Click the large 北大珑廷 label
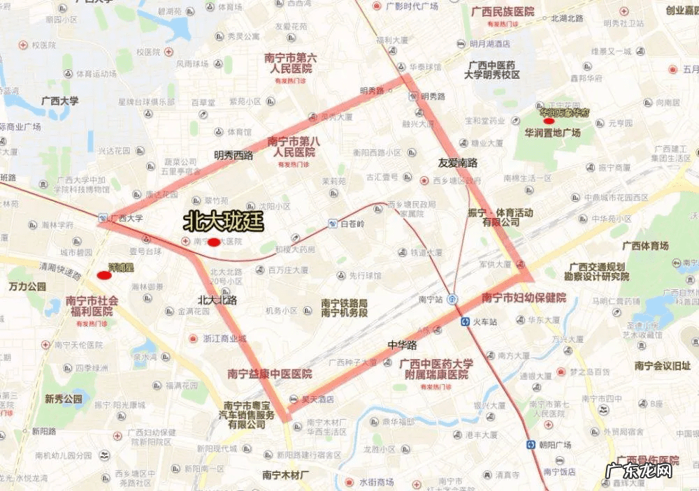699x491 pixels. click(223, 221)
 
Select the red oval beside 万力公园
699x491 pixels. click(104, 274)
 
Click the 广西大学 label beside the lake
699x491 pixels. click(59, 101)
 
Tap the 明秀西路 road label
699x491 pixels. click(233, 155)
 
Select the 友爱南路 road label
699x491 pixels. click(458, 163)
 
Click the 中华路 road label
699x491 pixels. click(402, 345)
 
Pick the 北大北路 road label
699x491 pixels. click(217, 300)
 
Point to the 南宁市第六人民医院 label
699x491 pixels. click(291, 64)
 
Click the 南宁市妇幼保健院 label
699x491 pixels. click(524, 298)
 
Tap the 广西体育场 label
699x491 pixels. click(644, 246)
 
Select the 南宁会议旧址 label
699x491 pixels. click(663, 365)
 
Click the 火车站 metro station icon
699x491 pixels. click(466, 322)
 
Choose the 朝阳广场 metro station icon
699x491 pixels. click(531, 445)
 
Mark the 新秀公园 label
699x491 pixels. click(64, 399)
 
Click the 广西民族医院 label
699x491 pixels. click(502, 12)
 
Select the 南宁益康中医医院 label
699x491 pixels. click(270, 374)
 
